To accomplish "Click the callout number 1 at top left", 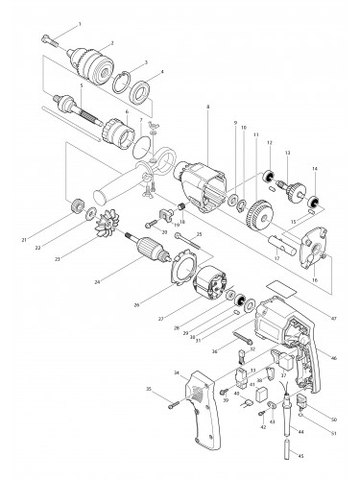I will (x=80, y=22).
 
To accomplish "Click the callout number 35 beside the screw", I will (x=149, y=416).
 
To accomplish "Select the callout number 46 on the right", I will (x=333, y=358).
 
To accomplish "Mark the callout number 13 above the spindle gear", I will (x=287, y=155).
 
